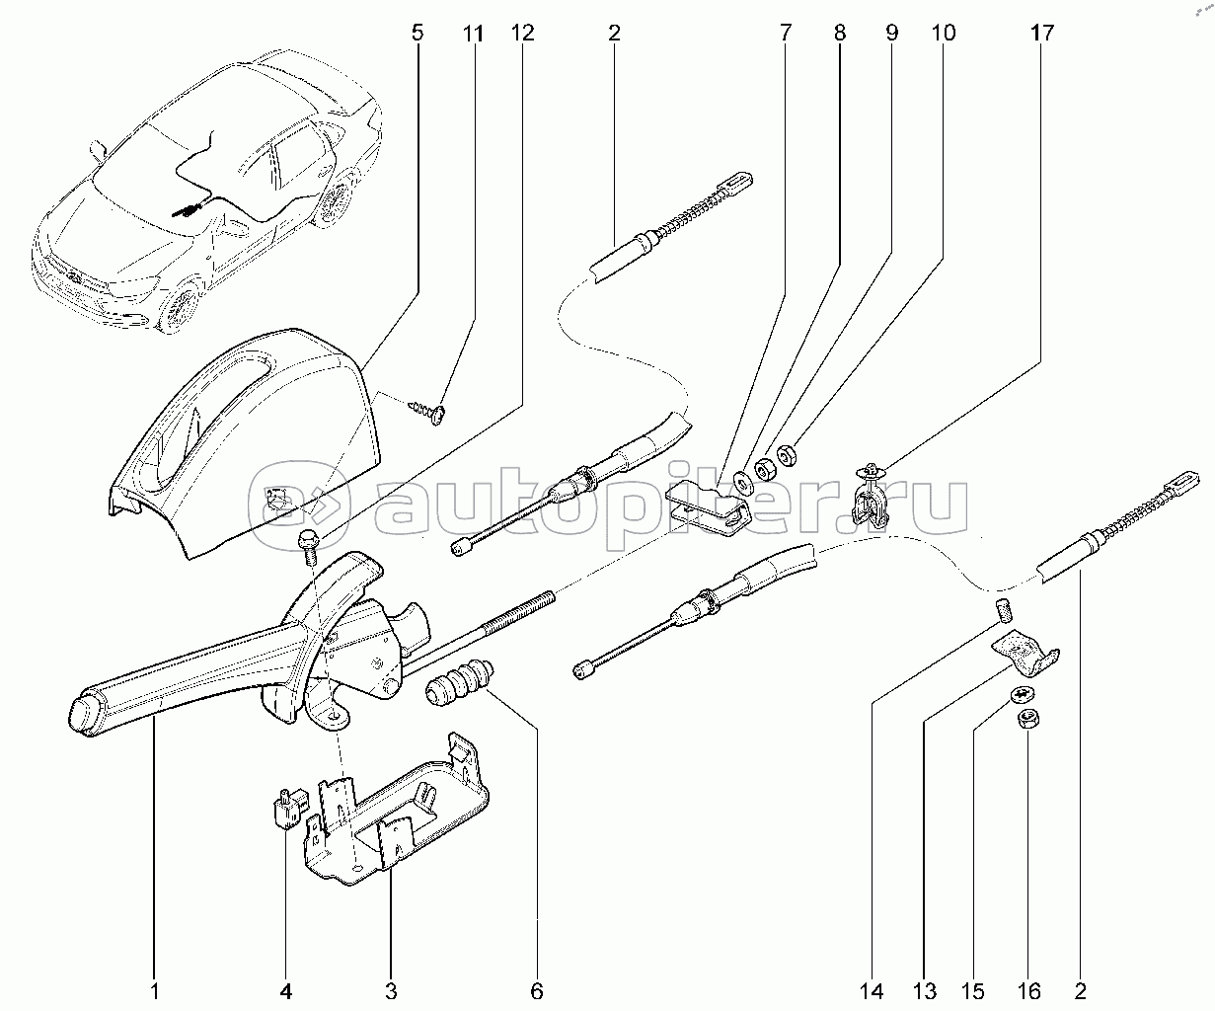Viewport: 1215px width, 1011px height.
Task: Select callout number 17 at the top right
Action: (x=1042, y=33)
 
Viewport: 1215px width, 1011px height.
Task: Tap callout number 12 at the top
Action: (x=522, y=33)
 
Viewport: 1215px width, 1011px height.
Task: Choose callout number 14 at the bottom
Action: (x=873, y=989)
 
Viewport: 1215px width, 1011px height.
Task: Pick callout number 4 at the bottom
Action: (x=286, y=989)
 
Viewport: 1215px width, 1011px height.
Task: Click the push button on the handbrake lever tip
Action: (x=81, y=714)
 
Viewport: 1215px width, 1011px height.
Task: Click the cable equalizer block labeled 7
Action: (x=706, y=505)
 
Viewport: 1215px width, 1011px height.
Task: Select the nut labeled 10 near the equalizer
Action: (x=787, y=455)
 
